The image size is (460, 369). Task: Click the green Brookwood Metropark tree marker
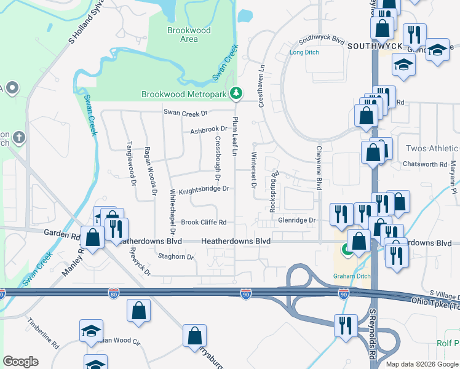pos(236,93)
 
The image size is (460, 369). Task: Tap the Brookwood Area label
pos(189,34)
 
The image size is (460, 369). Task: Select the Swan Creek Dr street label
pos(186,113)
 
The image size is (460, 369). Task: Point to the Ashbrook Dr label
pos(205,130)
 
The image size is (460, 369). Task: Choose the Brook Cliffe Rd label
pos(204,222)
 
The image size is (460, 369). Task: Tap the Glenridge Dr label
pos(296,220)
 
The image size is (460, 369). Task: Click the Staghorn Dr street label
pos(176,256)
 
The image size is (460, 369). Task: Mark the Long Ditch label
pos(304,53)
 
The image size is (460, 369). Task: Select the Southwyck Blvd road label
pos(321,38)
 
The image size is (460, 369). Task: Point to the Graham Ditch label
pos(352,276)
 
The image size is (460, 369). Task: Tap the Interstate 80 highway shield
pos(113,294)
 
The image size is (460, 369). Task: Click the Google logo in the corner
pos(20,362)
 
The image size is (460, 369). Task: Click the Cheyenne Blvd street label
pos(319,167)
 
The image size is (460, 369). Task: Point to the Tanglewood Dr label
pos(130,161)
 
